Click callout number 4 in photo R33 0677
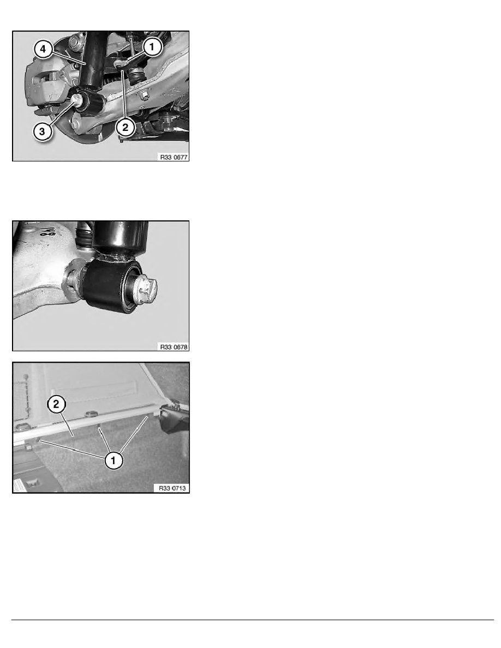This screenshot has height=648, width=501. (x=43, y=50)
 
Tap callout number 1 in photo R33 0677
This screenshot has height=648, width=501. (x=152, y=47)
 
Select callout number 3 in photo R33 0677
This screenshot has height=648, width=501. (x=42, y=132)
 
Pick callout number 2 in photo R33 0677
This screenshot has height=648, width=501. (x=126, y=127)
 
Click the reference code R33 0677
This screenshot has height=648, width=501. (x=174, y=158)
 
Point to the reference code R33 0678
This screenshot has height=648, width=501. (x=174, y=347)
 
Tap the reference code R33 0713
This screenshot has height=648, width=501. (x=172, y=489)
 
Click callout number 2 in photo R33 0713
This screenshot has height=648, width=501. (x=56, y=404)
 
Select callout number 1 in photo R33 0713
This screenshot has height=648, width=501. (x=114, y=460)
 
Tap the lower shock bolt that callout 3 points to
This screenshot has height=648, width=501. (x=77, y=100)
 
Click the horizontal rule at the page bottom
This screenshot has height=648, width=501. (x=253, y=620)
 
